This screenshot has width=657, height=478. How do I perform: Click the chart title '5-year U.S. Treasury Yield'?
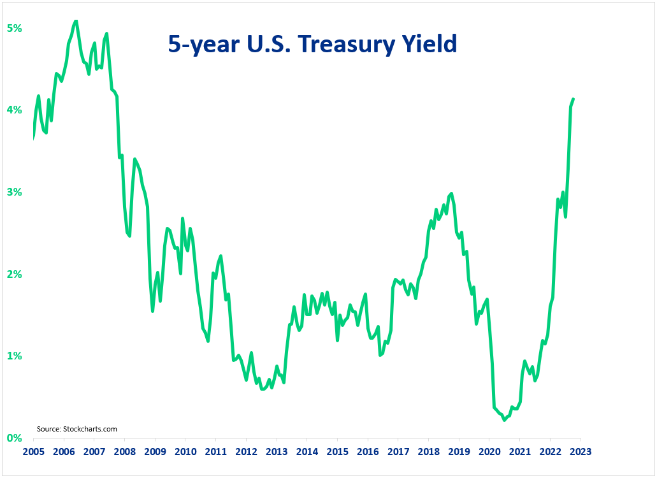point(312,44)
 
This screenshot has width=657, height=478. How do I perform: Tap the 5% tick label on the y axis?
point(14,29)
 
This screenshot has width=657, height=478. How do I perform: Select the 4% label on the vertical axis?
point(14,110)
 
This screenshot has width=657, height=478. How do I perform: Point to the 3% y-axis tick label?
point(14,192)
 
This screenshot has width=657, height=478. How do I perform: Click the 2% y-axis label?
point(14,274)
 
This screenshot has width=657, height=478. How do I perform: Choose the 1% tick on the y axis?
point(14,356)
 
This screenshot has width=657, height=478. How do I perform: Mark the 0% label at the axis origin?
point(14,438)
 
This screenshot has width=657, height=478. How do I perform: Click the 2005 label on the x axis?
point(33,451)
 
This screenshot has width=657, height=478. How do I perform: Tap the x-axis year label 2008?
point(124,451)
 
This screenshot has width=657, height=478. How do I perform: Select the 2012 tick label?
point(246,451)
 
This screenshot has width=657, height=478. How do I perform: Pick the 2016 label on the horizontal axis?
point(368,451)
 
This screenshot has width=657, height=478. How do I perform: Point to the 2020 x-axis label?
point(489,451)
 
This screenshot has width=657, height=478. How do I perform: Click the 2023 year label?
point(581,451)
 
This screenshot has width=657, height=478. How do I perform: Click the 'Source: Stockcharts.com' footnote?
point(77,429)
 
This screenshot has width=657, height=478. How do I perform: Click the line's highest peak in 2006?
point(76,21)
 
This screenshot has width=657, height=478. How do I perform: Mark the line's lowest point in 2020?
point(504,420)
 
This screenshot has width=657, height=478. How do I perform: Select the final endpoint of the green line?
point(574,99)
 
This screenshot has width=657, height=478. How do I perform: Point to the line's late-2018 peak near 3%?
point(451,193)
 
